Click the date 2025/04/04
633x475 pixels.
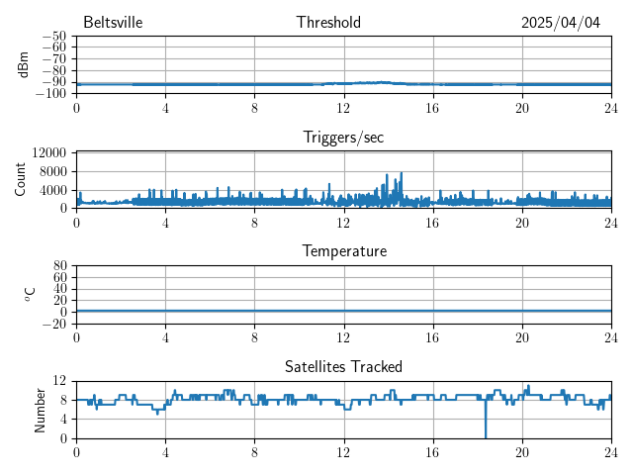(x=561, y=23)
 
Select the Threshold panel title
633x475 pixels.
(x=328, y=23)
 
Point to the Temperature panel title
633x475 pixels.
(x=343, y=251)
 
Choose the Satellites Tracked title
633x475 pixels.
(x=343, y=366)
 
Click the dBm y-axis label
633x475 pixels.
(x=23, y=64)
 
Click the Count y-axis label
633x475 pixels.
(x=21, y=179)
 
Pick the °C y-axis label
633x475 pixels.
(x=30, y=294)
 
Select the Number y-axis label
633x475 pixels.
(x=41, y=409)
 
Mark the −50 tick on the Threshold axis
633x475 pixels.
(x=54, y=37)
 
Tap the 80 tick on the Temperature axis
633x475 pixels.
(x=59, y=266)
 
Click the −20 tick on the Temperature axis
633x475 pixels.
(x=54, y=324)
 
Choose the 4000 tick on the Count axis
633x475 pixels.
(x=52, y=189)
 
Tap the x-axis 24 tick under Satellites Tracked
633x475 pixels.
(x=610, y=451)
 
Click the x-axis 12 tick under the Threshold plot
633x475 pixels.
(x=343, y=107)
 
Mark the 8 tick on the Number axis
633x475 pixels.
(x=64, y=400)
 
